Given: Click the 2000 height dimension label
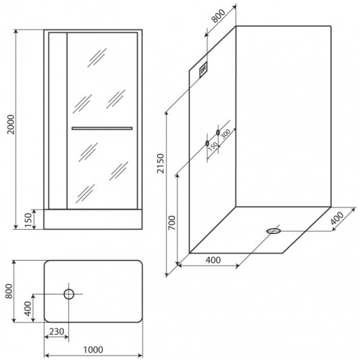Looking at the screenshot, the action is [11, 125].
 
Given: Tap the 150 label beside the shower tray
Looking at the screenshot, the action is [28, 220].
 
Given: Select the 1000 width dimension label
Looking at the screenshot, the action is [93, 350].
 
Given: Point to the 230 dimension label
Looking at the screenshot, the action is [57, 331].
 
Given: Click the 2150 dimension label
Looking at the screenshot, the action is [161, 163].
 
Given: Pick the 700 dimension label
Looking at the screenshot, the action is [171, 223].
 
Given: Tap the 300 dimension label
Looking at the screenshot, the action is [225, 133].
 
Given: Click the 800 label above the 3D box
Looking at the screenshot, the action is [219, 16].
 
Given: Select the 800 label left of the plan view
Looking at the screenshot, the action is [9, 291].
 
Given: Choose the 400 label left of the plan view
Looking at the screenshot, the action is [28, 309].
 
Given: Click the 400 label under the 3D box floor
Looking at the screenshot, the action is [213, 260].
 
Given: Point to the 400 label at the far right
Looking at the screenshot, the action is [337, 218].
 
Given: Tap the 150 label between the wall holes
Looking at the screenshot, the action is [213, 146].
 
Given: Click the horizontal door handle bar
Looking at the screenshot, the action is [102, 128].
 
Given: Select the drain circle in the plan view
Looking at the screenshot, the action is [69, 294].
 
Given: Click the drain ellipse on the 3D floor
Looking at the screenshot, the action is [274, 231].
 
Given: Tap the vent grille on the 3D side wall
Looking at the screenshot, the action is [204, 70].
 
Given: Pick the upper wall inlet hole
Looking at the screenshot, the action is [217, 132].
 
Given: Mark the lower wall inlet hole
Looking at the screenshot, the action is [207, 143].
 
